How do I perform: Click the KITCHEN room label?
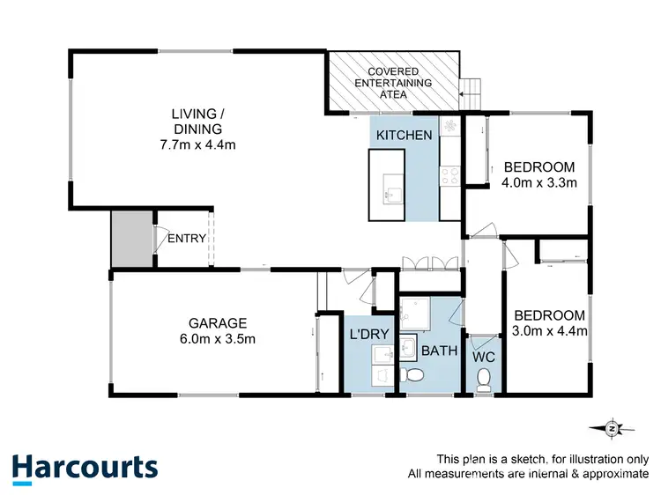coord(405,135)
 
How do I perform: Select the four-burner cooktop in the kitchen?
coord(450,175)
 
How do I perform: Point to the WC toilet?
coord(482,378)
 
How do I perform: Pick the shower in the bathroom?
coord(414,313)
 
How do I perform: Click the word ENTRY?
coord(187,238)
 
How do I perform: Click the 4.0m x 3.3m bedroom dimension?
coord(539,183)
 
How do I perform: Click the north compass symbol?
coord(611,428)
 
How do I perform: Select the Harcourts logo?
coord(85,467)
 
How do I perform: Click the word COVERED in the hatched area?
coord(393,70)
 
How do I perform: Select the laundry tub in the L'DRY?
coord(382,355)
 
